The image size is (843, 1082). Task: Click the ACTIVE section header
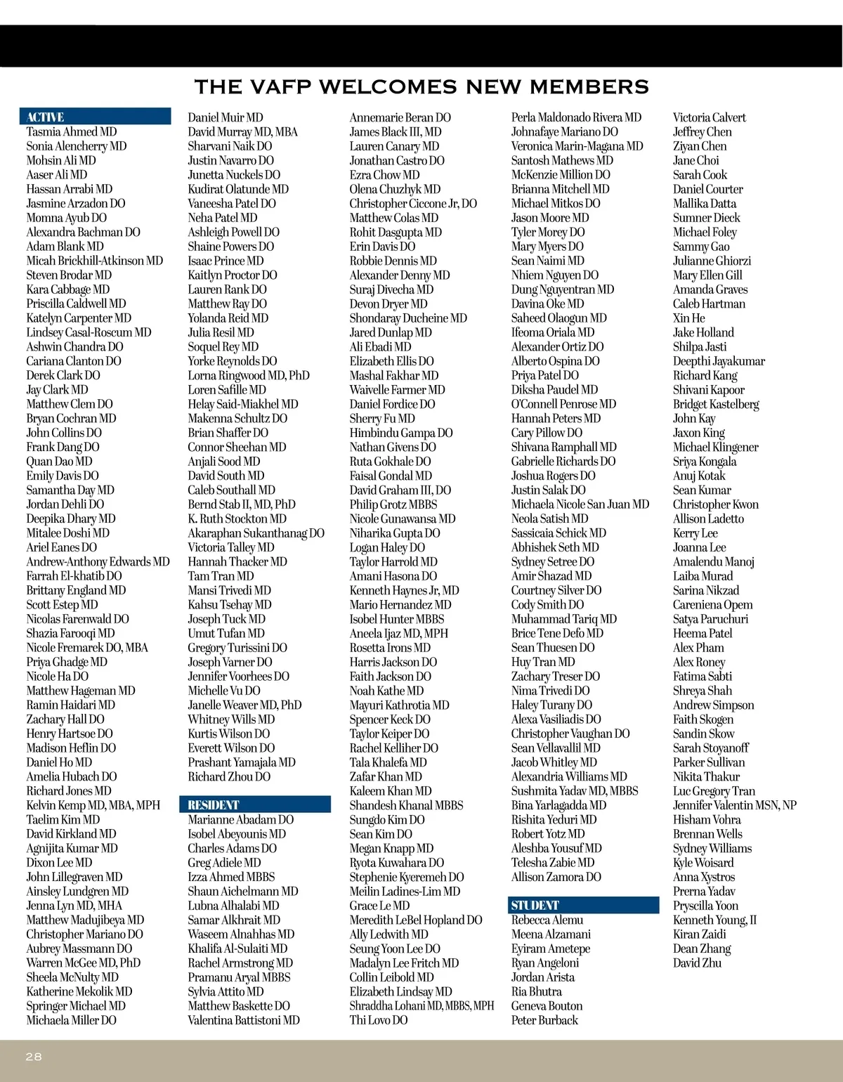coord(46,117)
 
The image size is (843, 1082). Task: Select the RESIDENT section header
coord(214,805)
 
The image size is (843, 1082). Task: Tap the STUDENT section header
coord(535,906)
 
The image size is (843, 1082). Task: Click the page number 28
coord(34,1057)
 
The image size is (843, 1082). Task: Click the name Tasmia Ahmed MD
coord(72,132)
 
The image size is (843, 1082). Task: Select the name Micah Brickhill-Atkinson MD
coord(95,261)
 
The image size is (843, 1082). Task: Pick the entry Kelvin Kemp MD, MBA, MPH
coord(93,805)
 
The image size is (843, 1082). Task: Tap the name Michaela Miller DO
coord(72,1020)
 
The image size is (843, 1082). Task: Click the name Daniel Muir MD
coord(226,117)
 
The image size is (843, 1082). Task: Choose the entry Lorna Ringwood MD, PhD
coord(249,375)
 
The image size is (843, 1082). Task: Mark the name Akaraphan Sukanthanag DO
coord(256,533)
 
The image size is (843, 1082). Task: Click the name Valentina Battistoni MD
coord(244,1020)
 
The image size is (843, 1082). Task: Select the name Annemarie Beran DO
coord(400,117)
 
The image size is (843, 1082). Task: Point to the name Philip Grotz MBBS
coord(393,504)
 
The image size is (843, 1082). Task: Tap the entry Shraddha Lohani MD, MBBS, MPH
coord(422,1006)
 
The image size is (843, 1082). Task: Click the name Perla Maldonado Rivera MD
coord(577,117)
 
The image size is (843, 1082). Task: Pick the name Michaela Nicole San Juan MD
coord(580,504)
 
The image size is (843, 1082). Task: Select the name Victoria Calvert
coord(710,117)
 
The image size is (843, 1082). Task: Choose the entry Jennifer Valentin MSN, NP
coord(735,805)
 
